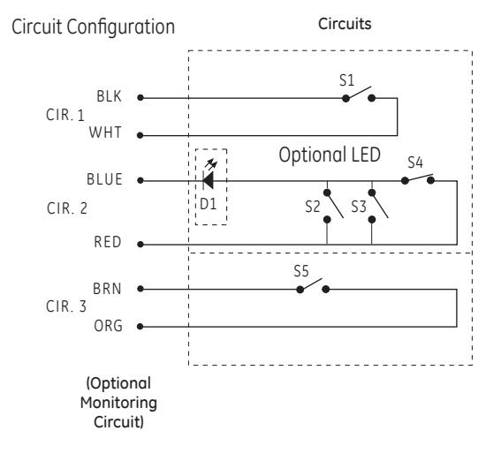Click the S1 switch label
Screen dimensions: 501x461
pos(346,80)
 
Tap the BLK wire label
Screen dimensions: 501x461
pos(110,96)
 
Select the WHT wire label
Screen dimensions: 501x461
pos(105,132)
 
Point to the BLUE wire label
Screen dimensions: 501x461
pos(104,179)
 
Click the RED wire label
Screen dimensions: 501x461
pos(108,242)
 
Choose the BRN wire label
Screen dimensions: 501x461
pos(107,289)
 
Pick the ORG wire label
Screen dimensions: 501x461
pos(109,326)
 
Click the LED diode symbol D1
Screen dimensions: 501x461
pos(209,178)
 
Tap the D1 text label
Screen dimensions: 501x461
pos(208,204)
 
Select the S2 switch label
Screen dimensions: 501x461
pos(313,207)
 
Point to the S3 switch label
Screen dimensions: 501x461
pos(359,207)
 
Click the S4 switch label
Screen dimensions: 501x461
pos(415,162)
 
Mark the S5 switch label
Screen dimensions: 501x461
pos(301,271)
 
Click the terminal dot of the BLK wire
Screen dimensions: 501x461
pos(140,98)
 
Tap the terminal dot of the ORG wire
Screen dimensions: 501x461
pos(140,327)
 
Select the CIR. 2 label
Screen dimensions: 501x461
pos(67,208)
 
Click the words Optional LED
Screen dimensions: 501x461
pos(330,155)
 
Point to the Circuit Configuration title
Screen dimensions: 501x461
pos(94,26)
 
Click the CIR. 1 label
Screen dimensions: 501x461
pos(65,115)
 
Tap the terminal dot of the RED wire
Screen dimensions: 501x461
pos(140,245)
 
